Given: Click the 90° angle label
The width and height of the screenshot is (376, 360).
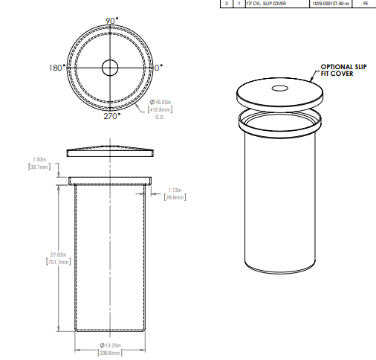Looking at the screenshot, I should pyautogui.click(x=111, y=21).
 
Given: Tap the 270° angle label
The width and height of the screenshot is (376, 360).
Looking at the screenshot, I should pyautogui.click(x=111, y=115).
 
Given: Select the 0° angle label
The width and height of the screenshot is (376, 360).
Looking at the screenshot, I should pyautogui.click(x=160, y=67).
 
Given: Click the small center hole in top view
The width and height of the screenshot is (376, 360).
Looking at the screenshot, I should pyautogui.click(x=110, y=68).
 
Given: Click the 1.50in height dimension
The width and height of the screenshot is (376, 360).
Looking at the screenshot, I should pyautogui.click(x=40, y=159).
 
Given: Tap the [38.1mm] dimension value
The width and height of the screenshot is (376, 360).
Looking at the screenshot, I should pyautogui.click(x=39, y=167).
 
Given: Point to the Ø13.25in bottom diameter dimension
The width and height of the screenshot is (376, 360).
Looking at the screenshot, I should pyautogui.click(x=110, y=345).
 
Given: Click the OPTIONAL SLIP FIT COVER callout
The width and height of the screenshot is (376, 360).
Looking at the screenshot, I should pyautogui.click(x=343, y=70).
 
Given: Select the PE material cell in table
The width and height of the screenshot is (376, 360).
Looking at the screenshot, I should pyautogui.click(x=365, y=4).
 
